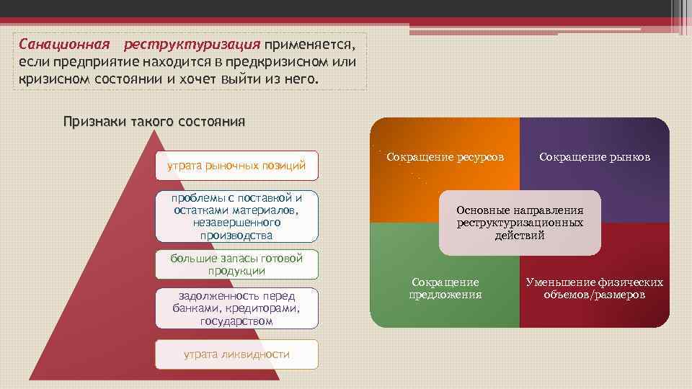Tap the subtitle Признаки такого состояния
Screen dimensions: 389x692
coord(154,121)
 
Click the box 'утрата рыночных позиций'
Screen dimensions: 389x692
coord(236,166)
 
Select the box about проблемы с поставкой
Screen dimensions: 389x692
coord(236,216)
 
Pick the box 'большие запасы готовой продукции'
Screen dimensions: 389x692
coord(236,264)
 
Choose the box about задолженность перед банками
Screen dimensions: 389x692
coord(236,308)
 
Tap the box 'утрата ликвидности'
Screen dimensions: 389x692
coord(236,354)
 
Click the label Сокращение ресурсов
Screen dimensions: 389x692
coord(445,156)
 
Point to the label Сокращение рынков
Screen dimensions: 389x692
coord(595,156)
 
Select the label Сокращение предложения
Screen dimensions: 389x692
coord(445,288)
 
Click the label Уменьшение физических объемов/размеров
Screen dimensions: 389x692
coord(595,288)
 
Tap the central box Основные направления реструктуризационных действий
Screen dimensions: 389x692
coord(519,223)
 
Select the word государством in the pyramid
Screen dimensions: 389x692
coord(236,321)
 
